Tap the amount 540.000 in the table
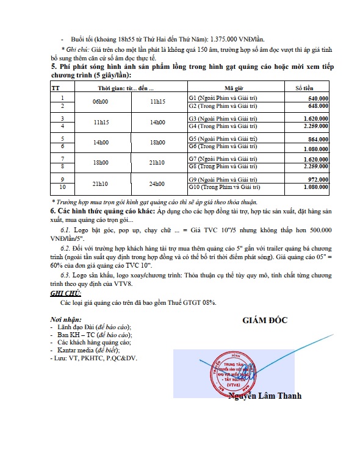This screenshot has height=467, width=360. click(x=319, y=98)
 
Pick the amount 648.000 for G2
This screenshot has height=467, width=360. click(x=319, y=105)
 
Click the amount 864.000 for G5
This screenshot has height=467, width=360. click(x=319, y=140)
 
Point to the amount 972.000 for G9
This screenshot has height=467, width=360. click(x=319, y=180)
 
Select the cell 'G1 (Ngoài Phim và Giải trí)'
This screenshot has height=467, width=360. click(x=222, y=98)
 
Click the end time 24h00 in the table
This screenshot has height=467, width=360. click(x=157, y=184)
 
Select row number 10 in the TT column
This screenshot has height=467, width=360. click(x=63, y=187)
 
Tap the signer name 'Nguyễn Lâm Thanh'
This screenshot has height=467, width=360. click(x=265, y=396)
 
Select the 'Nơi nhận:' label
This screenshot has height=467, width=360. click(x=65, y=319)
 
